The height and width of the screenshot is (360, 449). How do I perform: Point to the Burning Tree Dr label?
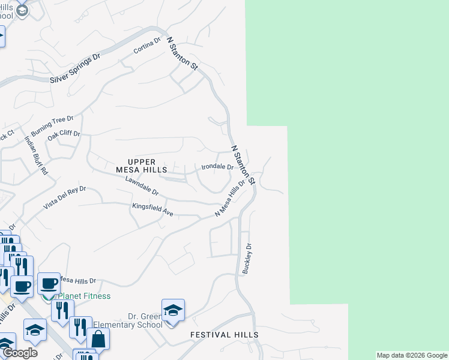click(x=52, y=126)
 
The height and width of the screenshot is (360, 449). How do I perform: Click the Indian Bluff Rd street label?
click(x=36, y=155)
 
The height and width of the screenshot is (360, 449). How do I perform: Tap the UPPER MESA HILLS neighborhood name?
click(x=142, y=166)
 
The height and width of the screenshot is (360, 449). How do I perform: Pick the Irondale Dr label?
click(x=217, y=167)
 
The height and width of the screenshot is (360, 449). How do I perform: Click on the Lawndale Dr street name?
click(x=142, y=187)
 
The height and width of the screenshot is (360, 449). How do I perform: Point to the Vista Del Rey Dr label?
click(x=65, y=197)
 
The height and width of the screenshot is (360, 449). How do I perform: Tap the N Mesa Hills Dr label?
click(x=231, y=199)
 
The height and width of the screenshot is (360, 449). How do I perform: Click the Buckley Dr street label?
click(x=246, y=258)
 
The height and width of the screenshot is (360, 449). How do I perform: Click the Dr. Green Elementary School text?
click(x=145, y=320)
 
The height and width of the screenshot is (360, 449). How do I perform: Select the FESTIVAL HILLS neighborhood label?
click(x=224, y=335)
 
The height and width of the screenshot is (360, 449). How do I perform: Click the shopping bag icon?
click(x=98, y=340)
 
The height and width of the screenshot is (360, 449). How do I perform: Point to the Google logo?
click(x=20, y=353)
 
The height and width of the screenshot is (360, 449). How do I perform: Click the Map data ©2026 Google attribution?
click(x=412, y=355)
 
